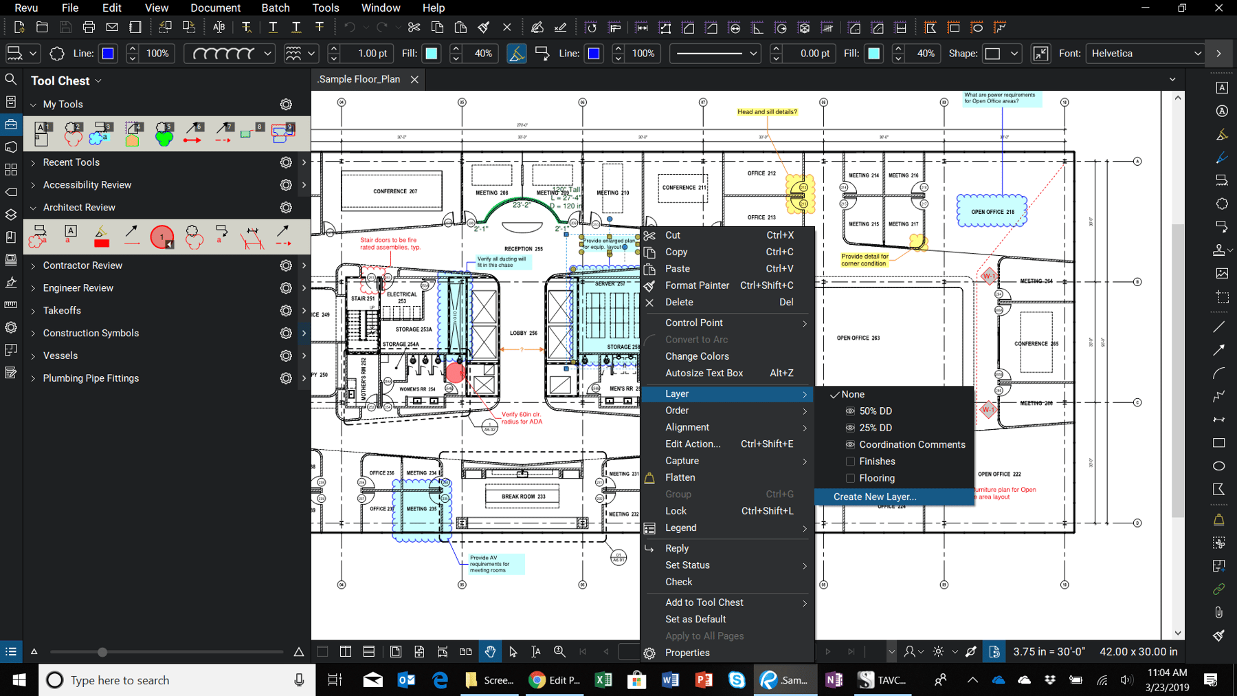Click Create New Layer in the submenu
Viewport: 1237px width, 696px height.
coord(874,497)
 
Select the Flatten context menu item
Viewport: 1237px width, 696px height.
coord(680,477)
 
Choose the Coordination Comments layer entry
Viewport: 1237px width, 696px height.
coord(911,444)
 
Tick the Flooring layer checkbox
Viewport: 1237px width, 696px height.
coord(850,478)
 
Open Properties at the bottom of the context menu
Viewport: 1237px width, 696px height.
coord(687,653)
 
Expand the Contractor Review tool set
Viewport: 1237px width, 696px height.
coord(82,265)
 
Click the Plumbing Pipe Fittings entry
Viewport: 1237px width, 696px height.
coord(91,378)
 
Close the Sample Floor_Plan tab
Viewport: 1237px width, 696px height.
coord(414,80)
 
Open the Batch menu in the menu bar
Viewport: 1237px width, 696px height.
coord(275,8)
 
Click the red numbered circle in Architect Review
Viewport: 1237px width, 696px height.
coord(161,237)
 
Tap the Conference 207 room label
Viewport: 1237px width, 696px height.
coord(395,191)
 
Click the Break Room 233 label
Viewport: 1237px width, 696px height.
coord(523,497)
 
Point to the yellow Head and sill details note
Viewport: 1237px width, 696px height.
coord(767,112)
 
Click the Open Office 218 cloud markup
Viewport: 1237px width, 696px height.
coord(992,212)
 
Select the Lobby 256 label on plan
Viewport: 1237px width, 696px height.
coord(523,333)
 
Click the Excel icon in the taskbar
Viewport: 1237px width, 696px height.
coord(603,680)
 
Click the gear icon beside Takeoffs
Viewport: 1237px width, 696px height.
coord(286,311)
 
